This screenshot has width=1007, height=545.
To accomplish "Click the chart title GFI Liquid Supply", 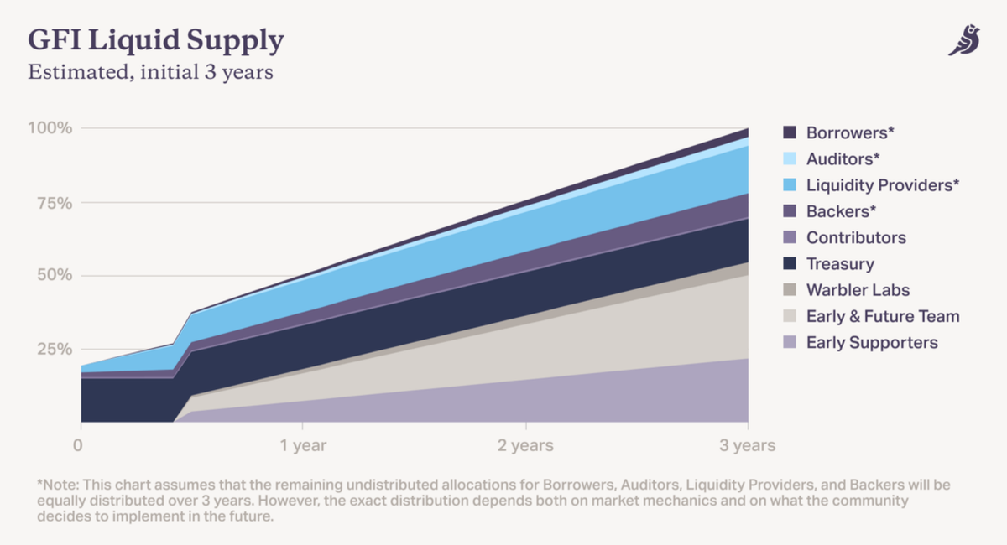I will [156, 40].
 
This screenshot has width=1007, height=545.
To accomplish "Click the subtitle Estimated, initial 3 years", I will [150, 72].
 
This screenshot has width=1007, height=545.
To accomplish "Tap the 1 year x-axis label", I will [303, 445].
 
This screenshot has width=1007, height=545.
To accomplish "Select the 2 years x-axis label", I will [525, 445].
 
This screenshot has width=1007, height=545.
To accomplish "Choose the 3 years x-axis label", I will [747, 445].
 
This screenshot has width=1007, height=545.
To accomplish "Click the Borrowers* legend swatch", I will [789, 132].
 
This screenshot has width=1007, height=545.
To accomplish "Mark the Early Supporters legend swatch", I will [789, 343].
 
